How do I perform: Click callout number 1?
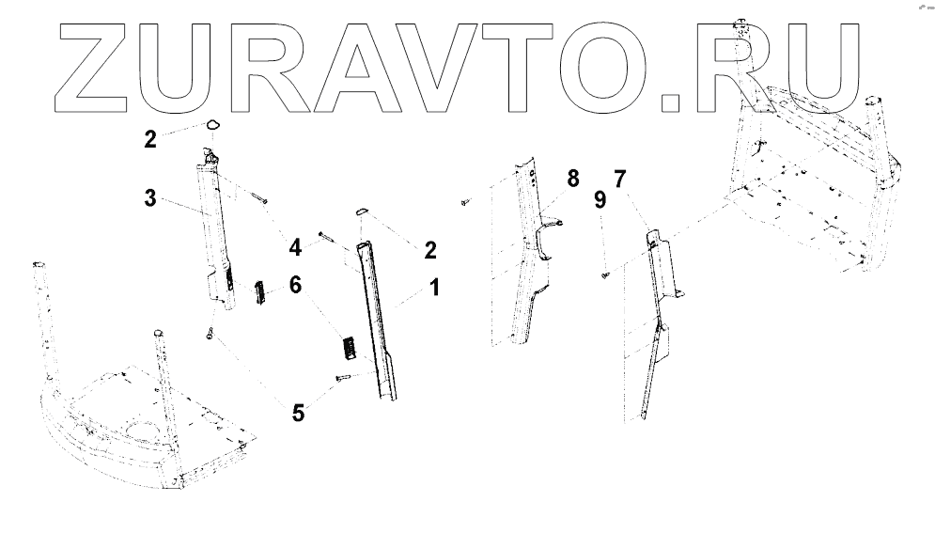click(434, 288)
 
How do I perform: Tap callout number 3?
click(149, 199)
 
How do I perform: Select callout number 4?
click(295, 248)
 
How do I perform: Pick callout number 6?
click(295, 283)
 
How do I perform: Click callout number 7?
click(619, 179)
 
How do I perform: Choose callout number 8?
click(572, 179)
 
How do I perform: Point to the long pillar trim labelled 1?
click(380, 320)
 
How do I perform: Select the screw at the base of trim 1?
click(342, 378)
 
